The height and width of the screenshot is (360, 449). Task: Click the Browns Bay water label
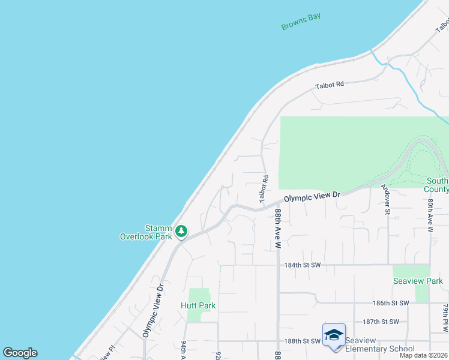(301, 22)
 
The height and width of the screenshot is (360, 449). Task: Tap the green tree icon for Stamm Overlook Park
(181, 230)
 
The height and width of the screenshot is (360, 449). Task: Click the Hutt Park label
(197, 305)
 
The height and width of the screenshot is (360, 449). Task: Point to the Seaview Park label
(418, 281)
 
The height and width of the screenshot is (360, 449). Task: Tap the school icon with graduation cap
(334, 335)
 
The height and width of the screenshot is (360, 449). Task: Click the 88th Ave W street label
(278, 229)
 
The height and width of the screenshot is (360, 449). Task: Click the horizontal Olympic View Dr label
(312, 196)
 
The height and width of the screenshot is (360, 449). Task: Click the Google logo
(20, 353)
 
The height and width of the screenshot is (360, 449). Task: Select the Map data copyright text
(423, 355)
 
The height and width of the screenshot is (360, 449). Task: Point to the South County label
(436, 185)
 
